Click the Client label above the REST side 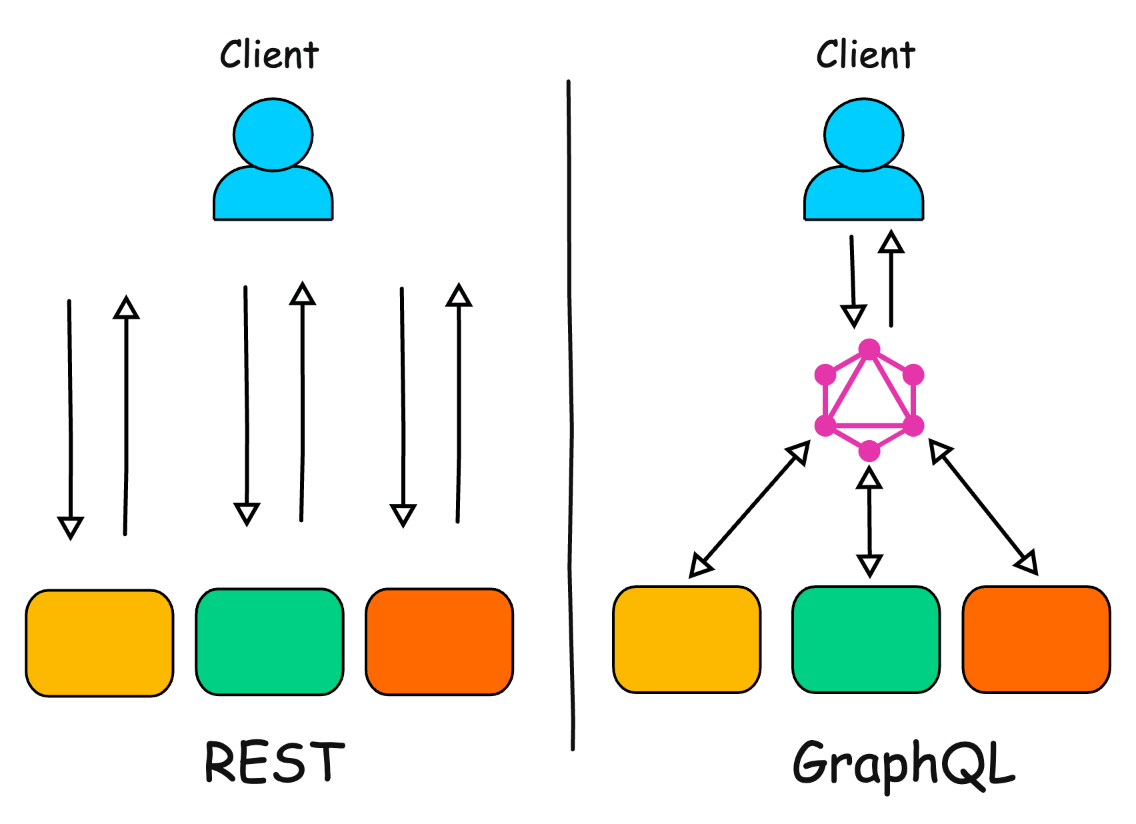269,55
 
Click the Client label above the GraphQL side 865,55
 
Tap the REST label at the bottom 274,761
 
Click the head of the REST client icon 273,135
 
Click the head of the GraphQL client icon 863,135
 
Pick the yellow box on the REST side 99,643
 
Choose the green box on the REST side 269,641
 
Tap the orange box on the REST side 439,641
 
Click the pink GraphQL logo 869,400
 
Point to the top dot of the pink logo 869,349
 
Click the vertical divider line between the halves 571,413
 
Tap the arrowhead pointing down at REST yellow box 71,527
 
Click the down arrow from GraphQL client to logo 853,280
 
